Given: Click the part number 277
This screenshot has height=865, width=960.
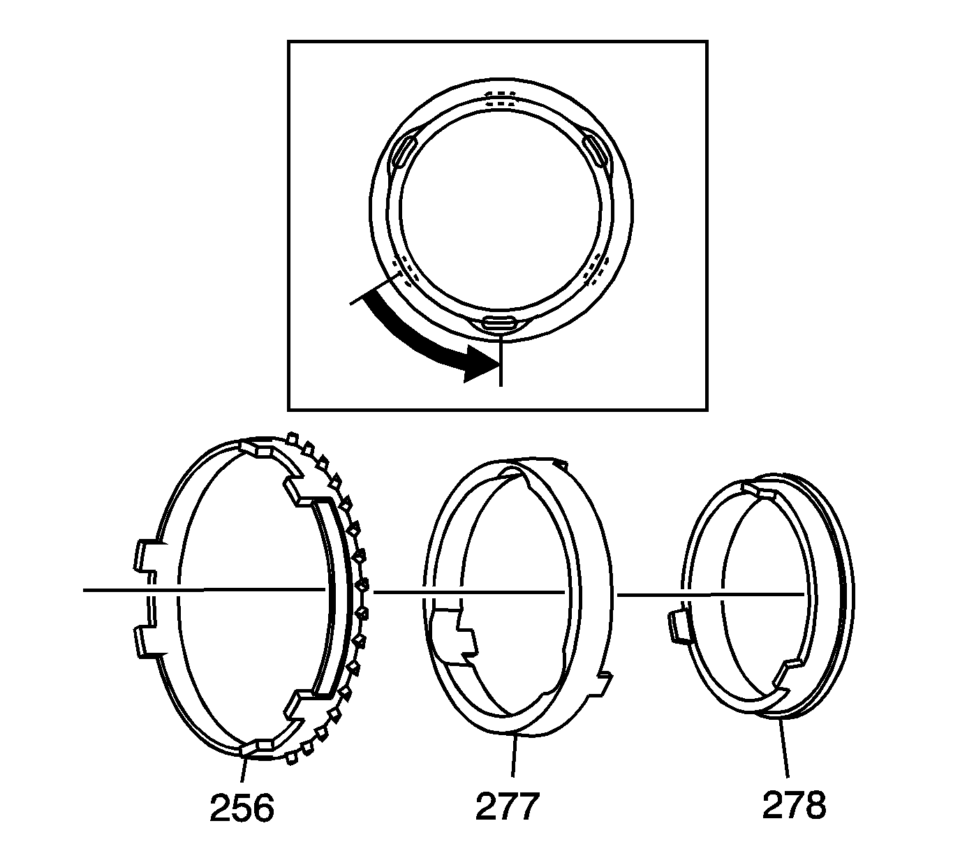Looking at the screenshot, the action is pyautogui.click(x=508, y=806).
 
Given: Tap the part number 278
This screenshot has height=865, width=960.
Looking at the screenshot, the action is pyautogui.click(x=795, y=806).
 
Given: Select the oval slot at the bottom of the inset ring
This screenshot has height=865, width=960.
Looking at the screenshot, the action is pyautogui.click(x=499, y=323).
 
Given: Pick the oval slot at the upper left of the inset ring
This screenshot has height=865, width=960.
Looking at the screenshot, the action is pyautogui.click(x=403, y=151).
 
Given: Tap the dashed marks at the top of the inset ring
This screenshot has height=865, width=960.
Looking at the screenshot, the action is pyautogui.click(x=500, y=98).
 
